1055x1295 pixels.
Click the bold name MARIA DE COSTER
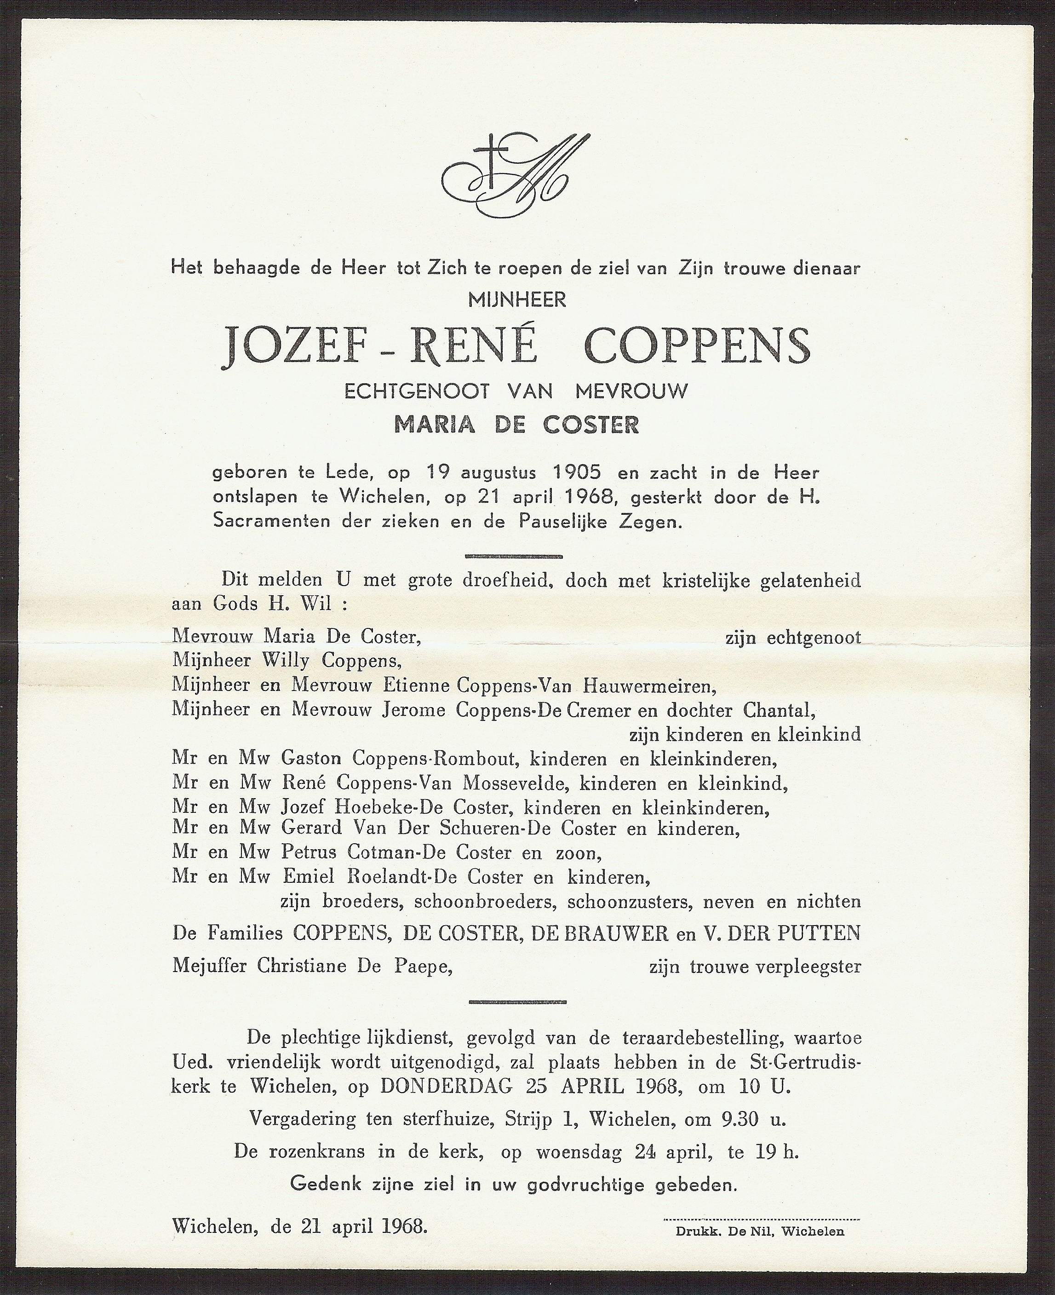516,424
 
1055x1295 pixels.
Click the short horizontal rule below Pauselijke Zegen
514,556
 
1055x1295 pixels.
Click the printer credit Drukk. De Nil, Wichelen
760,1215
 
